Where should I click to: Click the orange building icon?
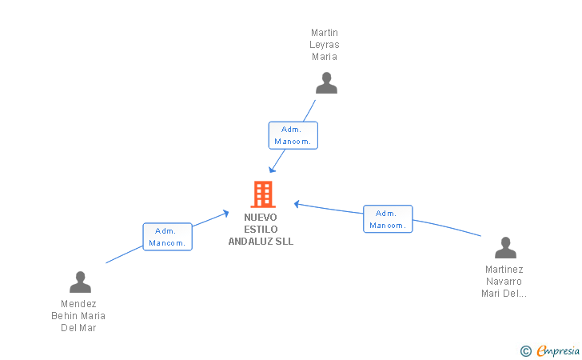(263, 194)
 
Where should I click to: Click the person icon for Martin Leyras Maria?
(326, 83)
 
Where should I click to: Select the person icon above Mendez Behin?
(80, 282)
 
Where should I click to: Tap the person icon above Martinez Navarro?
(505, 247)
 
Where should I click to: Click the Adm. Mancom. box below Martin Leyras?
(293, 135)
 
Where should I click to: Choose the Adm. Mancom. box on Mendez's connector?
(167, 237)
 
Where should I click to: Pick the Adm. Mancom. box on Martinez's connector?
(388, 219)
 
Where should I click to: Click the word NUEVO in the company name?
(261, 218)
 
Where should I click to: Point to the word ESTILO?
(261, 230)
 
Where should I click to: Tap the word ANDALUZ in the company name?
(251, 242)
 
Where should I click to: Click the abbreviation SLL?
(285, 242)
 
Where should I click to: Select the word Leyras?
(325, 45)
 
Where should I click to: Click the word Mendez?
(78, 304)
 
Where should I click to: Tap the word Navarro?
(504, 282)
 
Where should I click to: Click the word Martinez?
(504, 270)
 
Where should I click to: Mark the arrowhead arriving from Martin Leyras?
(272, 170)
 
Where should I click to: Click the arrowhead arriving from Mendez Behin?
(225, 214)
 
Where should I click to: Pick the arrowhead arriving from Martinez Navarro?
(297, 204)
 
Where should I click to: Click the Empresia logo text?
(558, 351)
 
